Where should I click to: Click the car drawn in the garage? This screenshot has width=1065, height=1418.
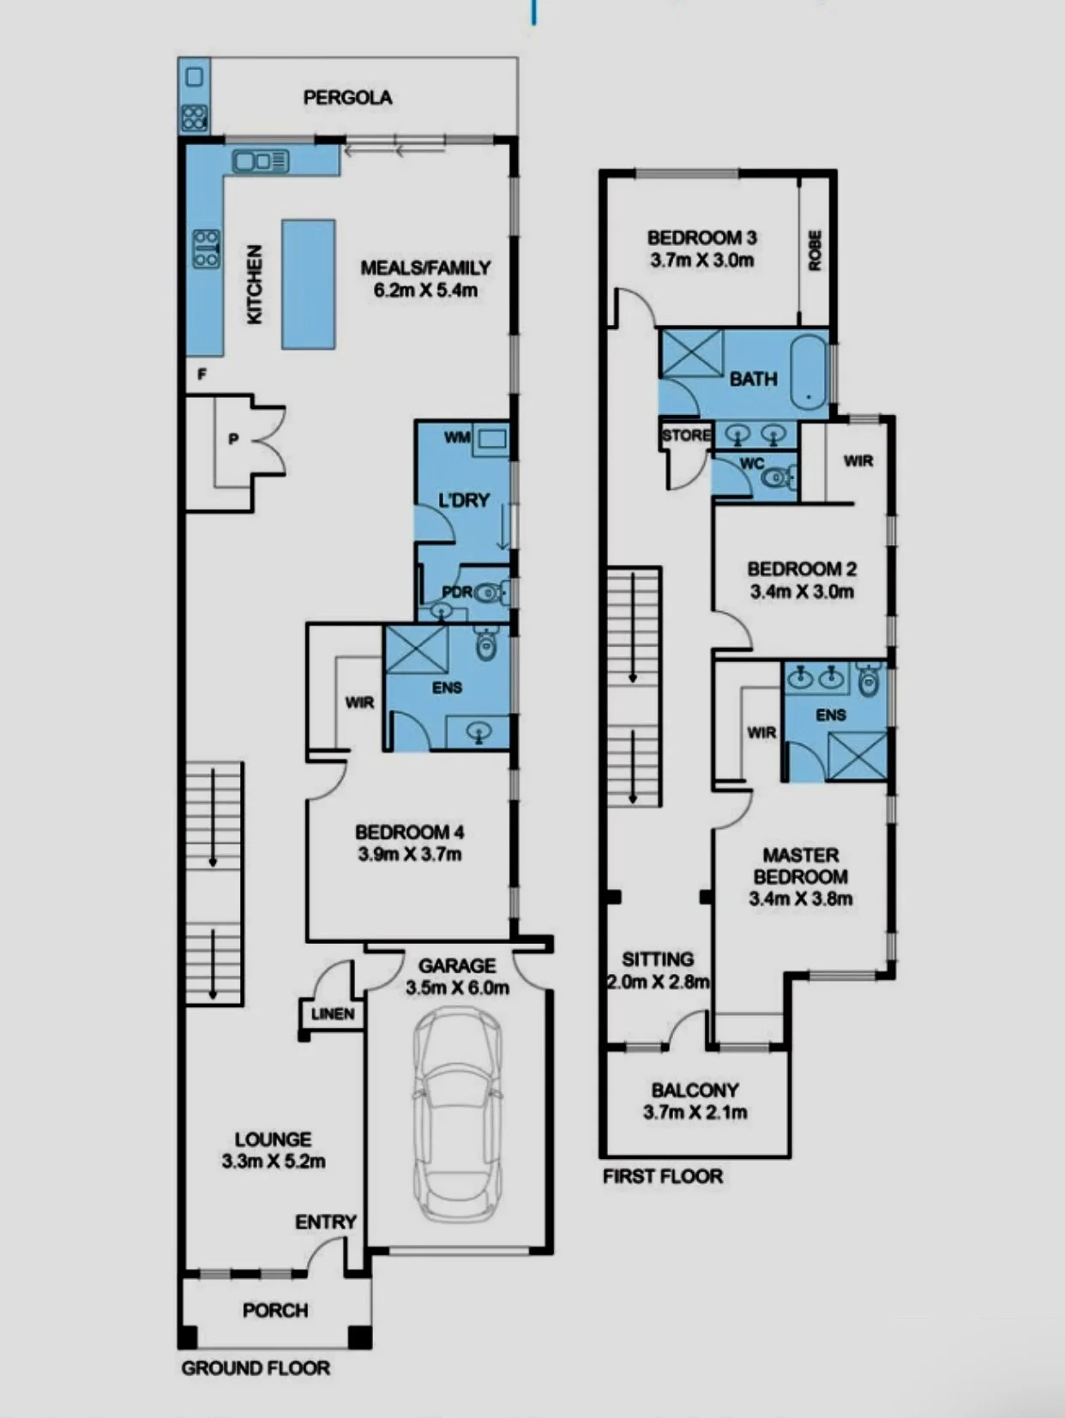[x=457, y=1115]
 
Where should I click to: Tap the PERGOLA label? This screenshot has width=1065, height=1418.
[x=347, y=98]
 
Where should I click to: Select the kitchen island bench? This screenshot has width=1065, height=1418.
[x=309, y=285]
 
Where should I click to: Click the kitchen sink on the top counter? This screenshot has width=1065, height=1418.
[x=261, y=161]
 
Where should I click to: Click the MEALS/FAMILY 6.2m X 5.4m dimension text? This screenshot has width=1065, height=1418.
[x=425, y=291]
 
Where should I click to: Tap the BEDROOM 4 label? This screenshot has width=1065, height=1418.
[x=410, y=832]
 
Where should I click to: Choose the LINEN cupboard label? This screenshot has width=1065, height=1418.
[x=333, y=1014]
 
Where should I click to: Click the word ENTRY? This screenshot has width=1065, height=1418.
[x=326, y=1223]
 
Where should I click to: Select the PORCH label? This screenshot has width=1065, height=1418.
[x=275, y=1311]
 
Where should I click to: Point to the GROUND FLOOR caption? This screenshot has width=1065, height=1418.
[x=256, y=1368]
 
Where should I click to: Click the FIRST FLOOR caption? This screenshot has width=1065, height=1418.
[x=663, y=1176]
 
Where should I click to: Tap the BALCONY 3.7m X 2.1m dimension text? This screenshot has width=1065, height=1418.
[x=695, y=1113]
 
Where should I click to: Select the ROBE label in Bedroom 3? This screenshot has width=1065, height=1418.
[x=815, y=250]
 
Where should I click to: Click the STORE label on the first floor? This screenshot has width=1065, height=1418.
[x=686, y=436]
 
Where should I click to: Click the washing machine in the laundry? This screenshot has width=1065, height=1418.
[x=490, y=440]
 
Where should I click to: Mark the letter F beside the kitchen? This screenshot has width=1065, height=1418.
[x=202, y=374]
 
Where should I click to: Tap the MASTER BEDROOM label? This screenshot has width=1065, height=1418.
[x=800, y=866]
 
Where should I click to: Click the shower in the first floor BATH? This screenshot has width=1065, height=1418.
[x=692, y=352]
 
